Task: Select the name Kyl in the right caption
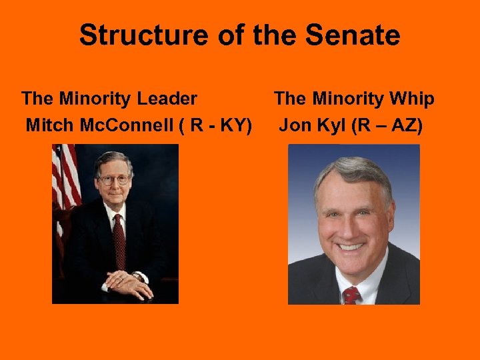point(323,125)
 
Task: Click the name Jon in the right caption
point(293,125)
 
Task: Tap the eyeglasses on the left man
point(113,179)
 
